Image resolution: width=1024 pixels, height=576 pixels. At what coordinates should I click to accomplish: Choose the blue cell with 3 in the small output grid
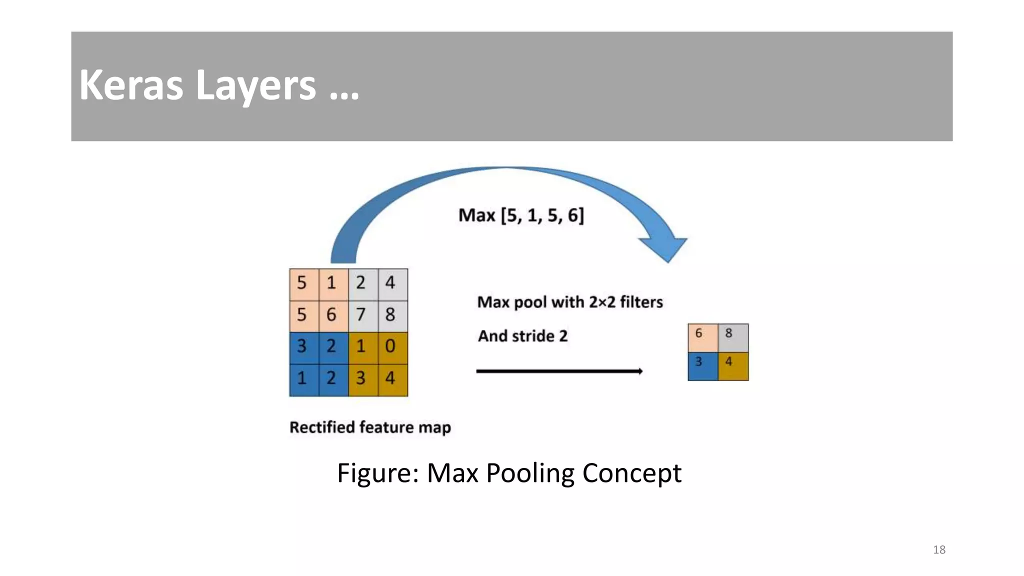click(x=702, y=366)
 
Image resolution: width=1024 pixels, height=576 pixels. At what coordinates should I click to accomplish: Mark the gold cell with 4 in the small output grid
click(x=733, y=366)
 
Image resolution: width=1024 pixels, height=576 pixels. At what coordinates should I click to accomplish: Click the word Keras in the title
click(x=131, y=85)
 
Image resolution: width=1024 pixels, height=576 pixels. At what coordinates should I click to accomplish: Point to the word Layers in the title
click(x=255, y=85)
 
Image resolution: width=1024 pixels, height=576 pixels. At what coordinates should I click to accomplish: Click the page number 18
click(x=939, y=550)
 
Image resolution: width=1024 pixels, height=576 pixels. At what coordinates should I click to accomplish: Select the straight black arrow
click(x=559, y=371)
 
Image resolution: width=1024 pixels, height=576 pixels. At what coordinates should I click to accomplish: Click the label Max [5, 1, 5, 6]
click(x=521, y=215)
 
